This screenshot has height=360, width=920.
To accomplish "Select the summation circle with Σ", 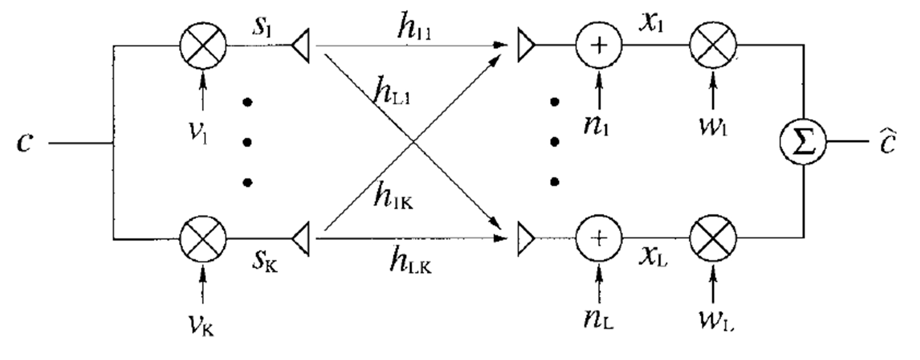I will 803,142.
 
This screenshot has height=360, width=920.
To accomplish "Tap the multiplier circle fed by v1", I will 203,45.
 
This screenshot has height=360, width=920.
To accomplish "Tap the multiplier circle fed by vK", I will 203,239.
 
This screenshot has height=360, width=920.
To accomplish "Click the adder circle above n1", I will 599,45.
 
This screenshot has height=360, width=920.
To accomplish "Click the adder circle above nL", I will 599,239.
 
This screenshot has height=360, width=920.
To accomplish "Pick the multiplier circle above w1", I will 713,45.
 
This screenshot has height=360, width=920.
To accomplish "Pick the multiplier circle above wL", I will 713,239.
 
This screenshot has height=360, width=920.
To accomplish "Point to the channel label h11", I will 414,29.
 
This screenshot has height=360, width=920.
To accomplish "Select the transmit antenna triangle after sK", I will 301,239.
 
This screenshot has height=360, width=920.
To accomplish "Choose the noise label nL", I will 598,319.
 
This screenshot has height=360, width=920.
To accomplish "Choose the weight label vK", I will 202,325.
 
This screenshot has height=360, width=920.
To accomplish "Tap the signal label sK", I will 264,260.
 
